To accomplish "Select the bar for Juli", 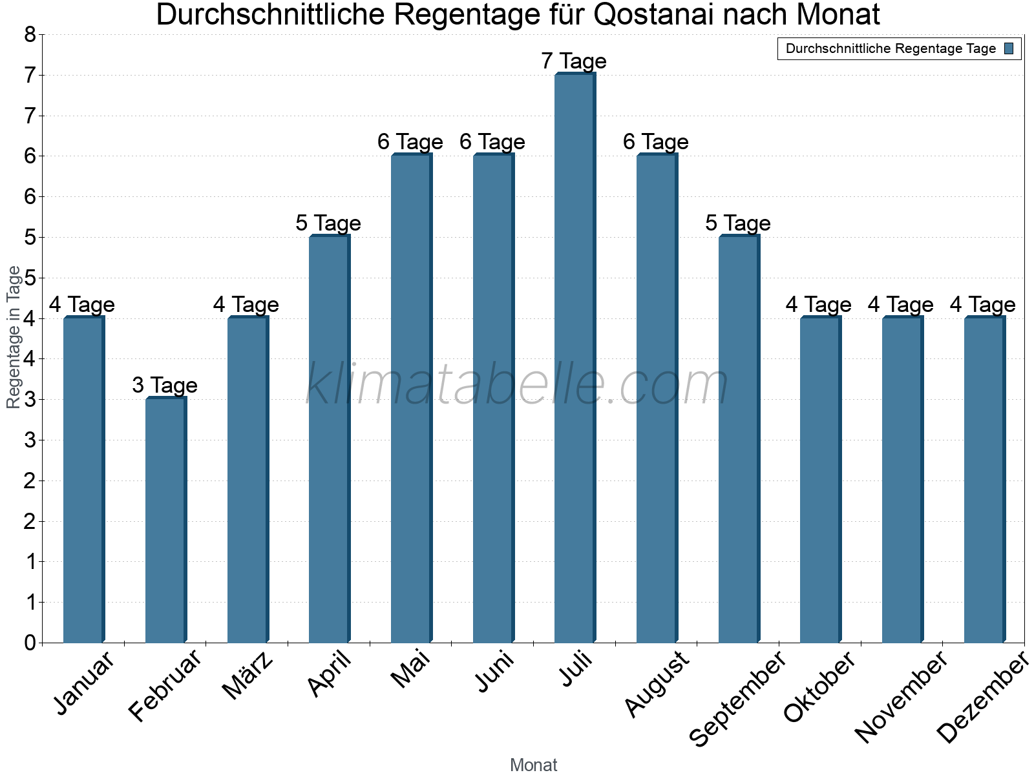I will [575, 358].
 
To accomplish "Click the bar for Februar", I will [165, 520].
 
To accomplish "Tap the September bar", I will [739, 439].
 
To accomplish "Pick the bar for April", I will [329, 439].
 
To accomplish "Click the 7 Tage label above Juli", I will [574, 61].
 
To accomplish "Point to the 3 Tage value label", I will [165, 386].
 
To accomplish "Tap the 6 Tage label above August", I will [656, 142].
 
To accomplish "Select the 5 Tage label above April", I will [328, 223].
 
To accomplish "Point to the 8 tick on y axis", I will [30, 35].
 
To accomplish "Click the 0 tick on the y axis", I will [30, 643].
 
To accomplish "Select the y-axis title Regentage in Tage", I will [14, 337].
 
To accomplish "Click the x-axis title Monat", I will [533, 765].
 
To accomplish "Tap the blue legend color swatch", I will [1009, 48].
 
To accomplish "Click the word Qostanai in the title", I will [653, 15].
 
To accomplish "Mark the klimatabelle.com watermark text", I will [517, 385].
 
